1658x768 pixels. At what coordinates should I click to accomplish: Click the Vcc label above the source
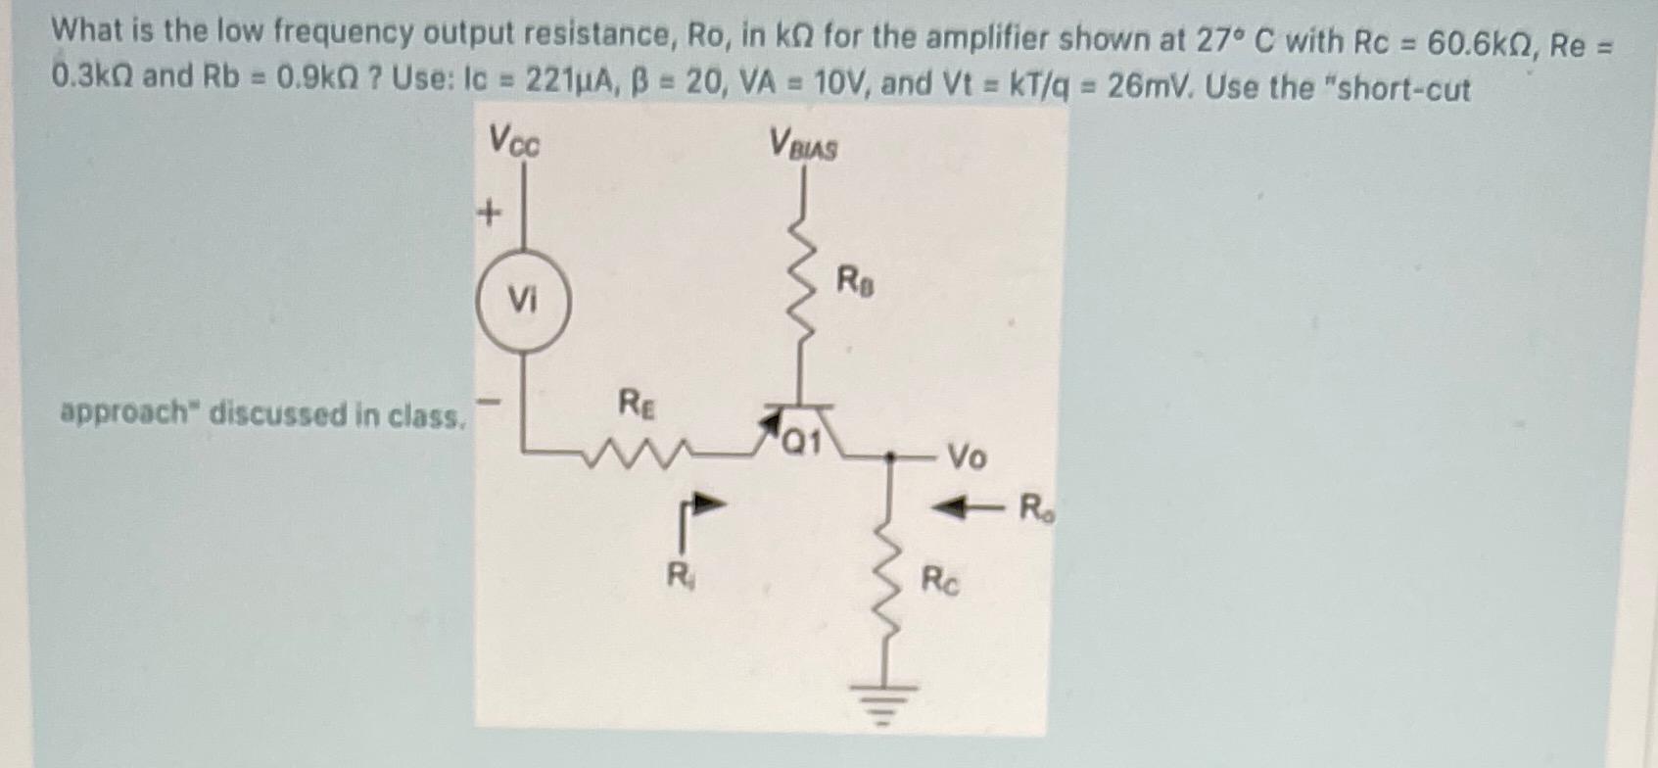(514, 143)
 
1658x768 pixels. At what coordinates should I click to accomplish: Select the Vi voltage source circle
(523, 299)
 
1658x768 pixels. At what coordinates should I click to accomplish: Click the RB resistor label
(855, 282)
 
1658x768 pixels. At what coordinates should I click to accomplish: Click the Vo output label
(966, 456)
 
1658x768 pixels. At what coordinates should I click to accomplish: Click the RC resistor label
(940, 581)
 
